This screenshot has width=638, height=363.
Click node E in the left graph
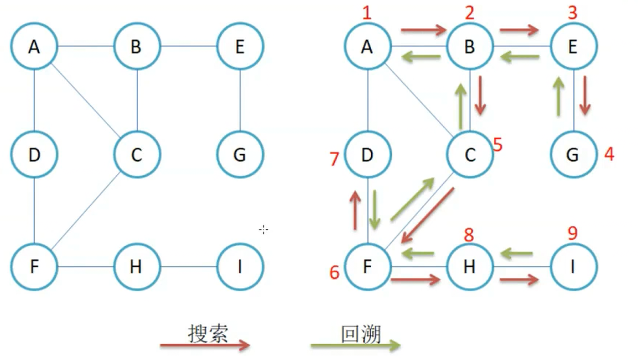tap(240, 47)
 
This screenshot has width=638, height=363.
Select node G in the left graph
tap(240, 155)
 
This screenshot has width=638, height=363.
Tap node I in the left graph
tap(240, 266)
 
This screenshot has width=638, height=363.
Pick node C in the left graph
tap(137, 155)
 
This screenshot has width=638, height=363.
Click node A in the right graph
tap(367, 47)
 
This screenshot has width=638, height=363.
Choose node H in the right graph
tap(470, 266)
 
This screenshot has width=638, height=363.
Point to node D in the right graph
tap(367, 155)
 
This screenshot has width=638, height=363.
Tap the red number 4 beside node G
tap(609, 154)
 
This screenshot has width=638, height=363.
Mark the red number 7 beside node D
tap(334, 159)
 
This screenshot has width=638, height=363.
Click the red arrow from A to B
tap(423, 31)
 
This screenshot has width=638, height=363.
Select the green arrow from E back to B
tap(520, 57)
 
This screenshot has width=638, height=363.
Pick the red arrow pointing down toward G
tap(585, 95)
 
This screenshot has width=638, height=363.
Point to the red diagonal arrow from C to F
tap(427, 216)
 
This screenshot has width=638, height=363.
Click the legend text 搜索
tap(208, 334)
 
